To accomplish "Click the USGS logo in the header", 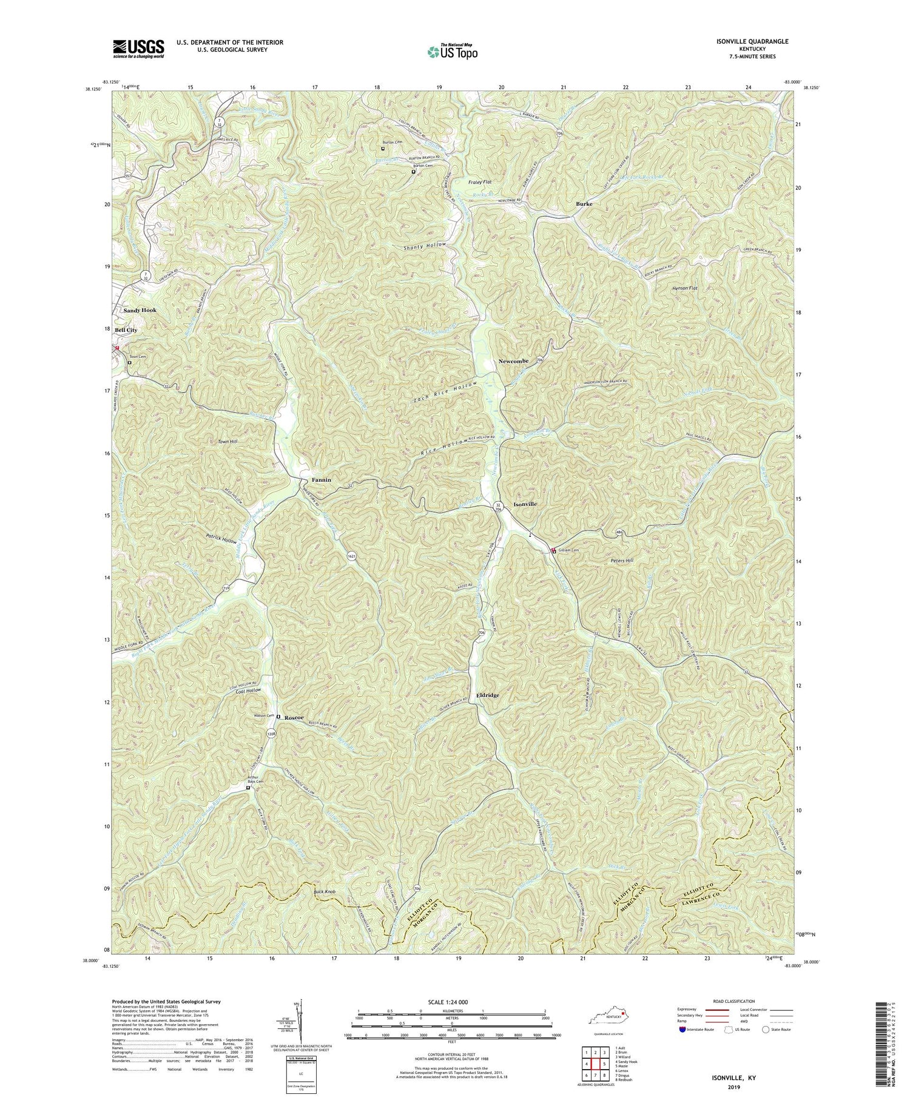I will pyautogui.click(x=138, y=48).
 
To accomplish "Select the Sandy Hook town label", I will pyautogui.click(x=140, y=310).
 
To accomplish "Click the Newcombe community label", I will pyautogui.click(x=513, y=361).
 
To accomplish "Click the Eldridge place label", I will pyautogui.click(x=488, y=695).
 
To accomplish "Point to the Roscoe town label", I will pyautogui.click(x=295, y=717).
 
